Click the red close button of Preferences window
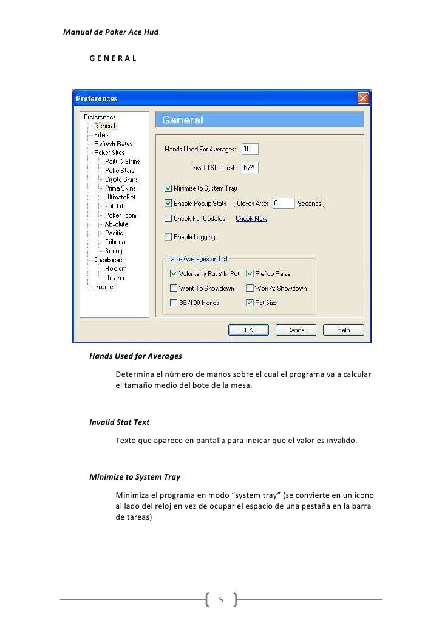point(362,98)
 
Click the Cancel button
point(296,330)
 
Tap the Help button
point(344,330)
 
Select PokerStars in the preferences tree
point(120,171)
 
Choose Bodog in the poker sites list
point(114,251)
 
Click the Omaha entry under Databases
point(115,278)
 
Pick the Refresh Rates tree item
point(113,144)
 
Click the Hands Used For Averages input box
point(250,149)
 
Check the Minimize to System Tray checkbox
point(168,188)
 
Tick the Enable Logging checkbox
point(168,237)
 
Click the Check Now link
point(251,219)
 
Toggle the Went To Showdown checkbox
point(174,289)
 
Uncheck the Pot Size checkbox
point(250,303)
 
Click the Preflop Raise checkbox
point(250,274)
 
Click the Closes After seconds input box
point(283,204)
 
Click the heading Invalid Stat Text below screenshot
point(119,422)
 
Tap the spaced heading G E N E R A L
point(112,58)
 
